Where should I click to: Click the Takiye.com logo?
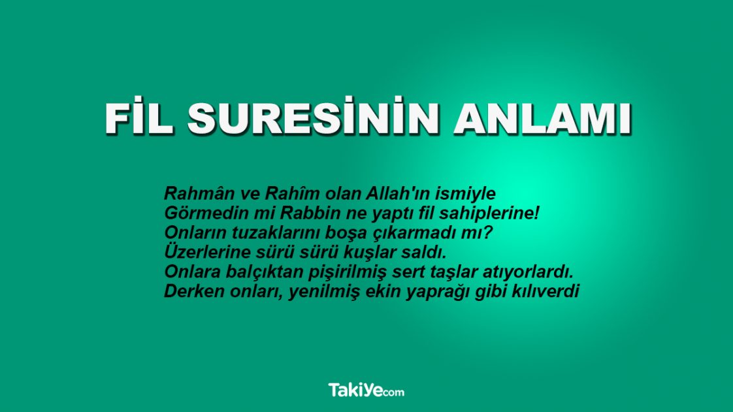[x=366, y=391]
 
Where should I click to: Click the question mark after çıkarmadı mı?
[x=487, y=232]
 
